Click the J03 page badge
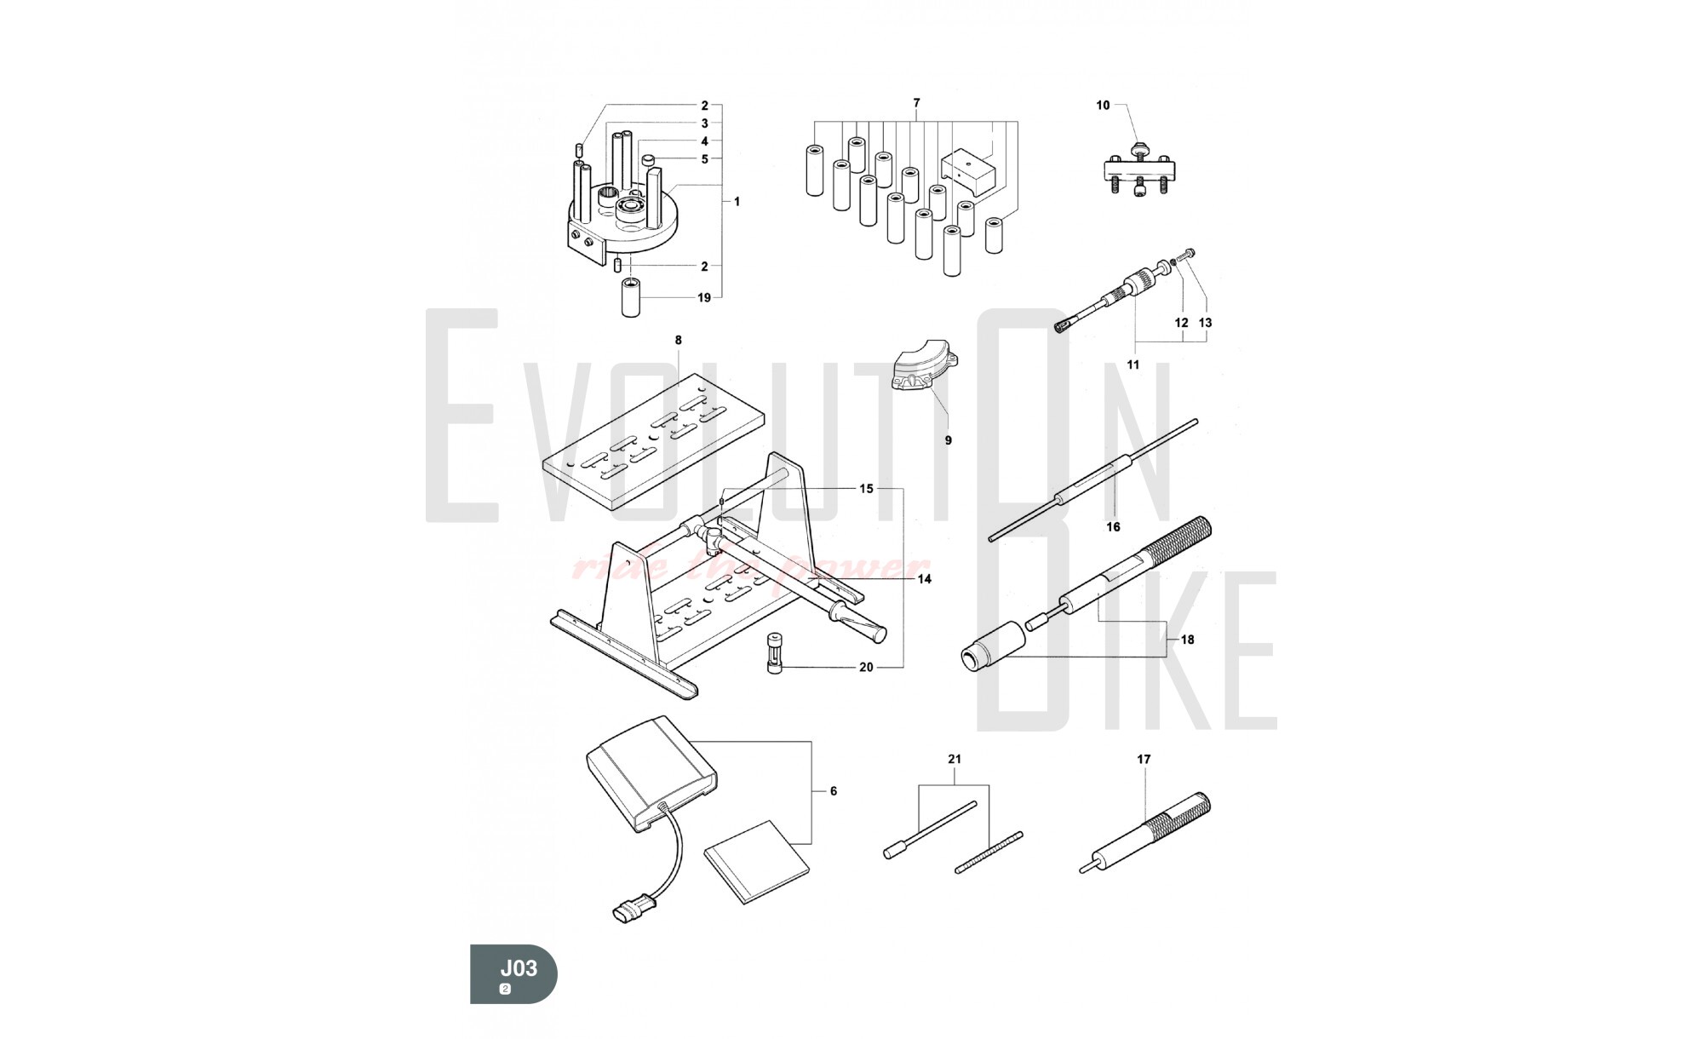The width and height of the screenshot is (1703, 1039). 513,973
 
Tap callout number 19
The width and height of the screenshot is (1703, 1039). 704,298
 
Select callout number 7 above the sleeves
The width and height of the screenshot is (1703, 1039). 916,103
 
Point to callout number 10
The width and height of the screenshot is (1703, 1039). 1103,106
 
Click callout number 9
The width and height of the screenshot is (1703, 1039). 948,440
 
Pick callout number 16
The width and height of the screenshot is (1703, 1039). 1113,527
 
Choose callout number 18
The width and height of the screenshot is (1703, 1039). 1187,640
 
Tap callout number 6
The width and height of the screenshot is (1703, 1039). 833,791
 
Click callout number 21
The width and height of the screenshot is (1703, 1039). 955,759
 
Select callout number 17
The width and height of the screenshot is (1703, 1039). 1144,759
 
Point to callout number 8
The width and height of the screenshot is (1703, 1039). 678,341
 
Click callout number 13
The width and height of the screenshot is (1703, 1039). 1205,323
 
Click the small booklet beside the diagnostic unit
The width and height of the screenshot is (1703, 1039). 758,862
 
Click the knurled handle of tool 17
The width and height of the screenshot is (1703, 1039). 1178,814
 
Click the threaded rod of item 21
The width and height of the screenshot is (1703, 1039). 988,852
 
